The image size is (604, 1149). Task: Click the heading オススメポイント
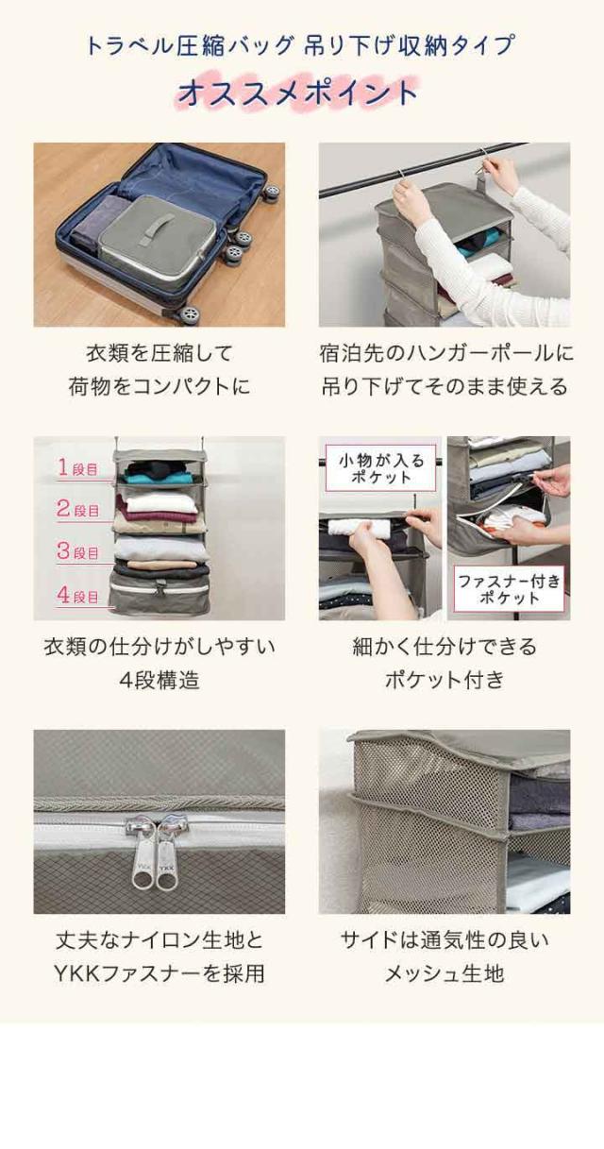click(x=298, y=93)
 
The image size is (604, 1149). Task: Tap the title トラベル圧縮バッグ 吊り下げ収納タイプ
click(x=300, y=45)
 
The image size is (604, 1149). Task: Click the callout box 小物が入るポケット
click(x=381, y=467)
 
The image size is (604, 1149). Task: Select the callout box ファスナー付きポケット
click(x=509, y=589)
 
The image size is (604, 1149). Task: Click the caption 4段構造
click(x=159, y=680)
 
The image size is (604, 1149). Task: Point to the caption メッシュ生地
click(x=445, y=973)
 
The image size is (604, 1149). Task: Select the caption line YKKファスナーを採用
click(x=159, y=973)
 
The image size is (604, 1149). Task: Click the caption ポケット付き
click(x=445, y=680)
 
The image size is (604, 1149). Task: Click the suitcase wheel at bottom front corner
click(x=189, y=313)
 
